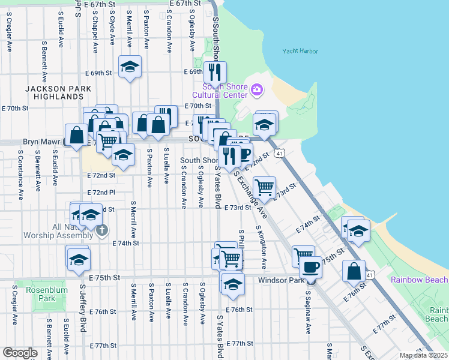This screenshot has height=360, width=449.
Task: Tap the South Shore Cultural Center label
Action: (x=220, y=91)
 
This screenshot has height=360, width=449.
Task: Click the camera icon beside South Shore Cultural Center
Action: (x=258, y=90)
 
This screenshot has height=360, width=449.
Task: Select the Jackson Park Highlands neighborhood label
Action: (x=58, y=92)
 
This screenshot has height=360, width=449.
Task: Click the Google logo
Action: (x=20, y=353)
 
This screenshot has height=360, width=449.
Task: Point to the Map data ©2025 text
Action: (x=424, y=355)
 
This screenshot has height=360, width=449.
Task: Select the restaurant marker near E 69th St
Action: (x=214, y=73)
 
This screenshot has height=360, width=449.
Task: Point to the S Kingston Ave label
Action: (x=261, y=247)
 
